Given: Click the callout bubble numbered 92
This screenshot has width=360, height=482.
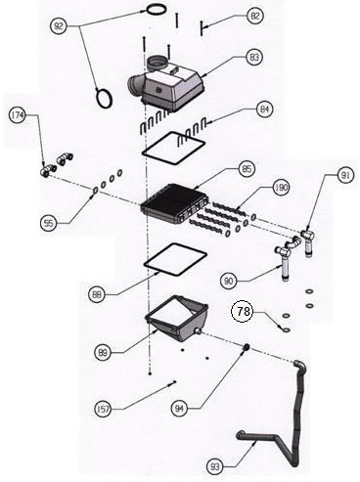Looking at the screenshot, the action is pyautogui.click(x=59, y=26).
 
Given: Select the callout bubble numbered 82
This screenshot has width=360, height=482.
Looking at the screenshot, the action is pyautogui.click(x=255, y=16).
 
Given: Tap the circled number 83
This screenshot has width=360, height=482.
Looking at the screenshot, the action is pyautogui.click(x=254, y=58).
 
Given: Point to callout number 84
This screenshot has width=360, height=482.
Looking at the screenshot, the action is pyautogui.click(x=265, y=110).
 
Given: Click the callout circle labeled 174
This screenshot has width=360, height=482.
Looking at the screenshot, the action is pyautogui.click(x=18, y=115).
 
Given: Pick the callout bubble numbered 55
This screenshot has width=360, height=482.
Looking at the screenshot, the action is pyautogui.click(x=49, y=224).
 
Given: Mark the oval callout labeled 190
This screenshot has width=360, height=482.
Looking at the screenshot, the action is pyautogui.click(x=281, y=188).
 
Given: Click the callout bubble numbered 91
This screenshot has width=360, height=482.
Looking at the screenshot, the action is pyautogui.click(x=345, y=176).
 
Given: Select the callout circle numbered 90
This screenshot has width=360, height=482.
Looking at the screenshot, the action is pyautogui.click(x=229, y=281).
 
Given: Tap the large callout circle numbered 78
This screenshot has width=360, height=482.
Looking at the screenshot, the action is pyautogui.click(x=243, y=312).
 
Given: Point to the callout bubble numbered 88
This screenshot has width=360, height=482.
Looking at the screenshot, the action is pyautogui.click(x=97, y=295).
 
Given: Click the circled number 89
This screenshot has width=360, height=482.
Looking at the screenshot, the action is pyautogui.click(x=103, y=353).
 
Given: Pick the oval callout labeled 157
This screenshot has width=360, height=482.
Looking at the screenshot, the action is pyautogui.click(x=104, y=409).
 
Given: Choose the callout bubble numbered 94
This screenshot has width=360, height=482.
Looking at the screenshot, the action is pyautogui.click(x=180, y=409).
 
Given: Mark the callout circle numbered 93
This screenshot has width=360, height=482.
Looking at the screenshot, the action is pyautogui.click(x=215, y=467).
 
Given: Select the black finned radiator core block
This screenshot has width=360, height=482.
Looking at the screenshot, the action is pyautogui.click(x=172, y=204).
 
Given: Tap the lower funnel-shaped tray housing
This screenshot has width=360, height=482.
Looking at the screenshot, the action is pyautogui.click(x=177, y=320).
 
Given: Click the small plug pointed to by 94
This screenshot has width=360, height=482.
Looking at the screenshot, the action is pyautogui.click(x=247, y=347).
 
